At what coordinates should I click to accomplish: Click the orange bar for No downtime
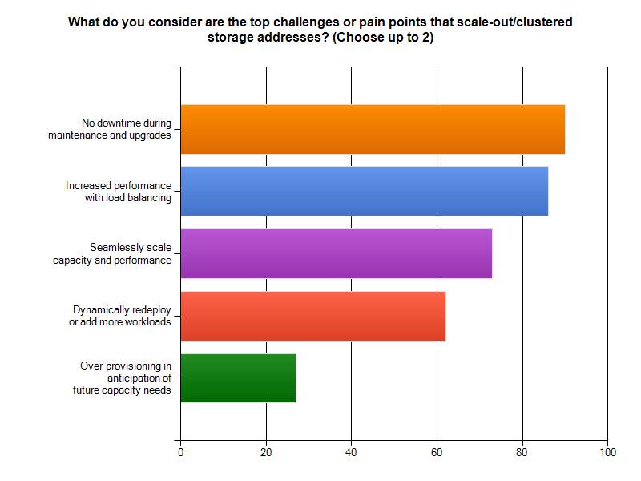[x=373, y=129]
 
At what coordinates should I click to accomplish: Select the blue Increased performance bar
[x=365, y=191]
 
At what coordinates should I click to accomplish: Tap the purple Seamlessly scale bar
[x=337, y=253]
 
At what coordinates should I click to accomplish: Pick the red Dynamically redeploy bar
[x=313, y=316]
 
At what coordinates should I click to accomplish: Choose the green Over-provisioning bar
[x=238, y=378]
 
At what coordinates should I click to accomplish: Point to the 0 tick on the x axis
[x=181, y=453]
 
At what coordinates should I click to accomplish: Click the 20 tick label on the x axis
[x=266, y=453]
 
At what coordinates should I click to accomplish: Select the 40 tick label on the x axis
[x=352, y=453]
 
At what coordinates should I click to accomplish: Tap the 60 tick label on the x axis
[x=437, y=453]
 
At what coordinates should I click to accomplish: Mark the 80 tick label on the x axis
[x=522, y=453]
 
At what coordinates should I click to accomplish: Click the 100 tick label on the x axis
[x=607, y=453]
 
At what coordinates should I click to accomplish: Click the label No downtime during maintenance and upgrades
[x=110, y=129]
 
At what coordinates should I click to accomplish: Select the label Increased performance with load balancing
[x=119, y=191]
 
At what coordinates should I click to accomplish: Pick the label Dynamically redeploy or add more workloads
[x=120, y=316]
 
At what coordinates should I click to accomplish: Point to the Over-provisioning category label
[x=126, y=378]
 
